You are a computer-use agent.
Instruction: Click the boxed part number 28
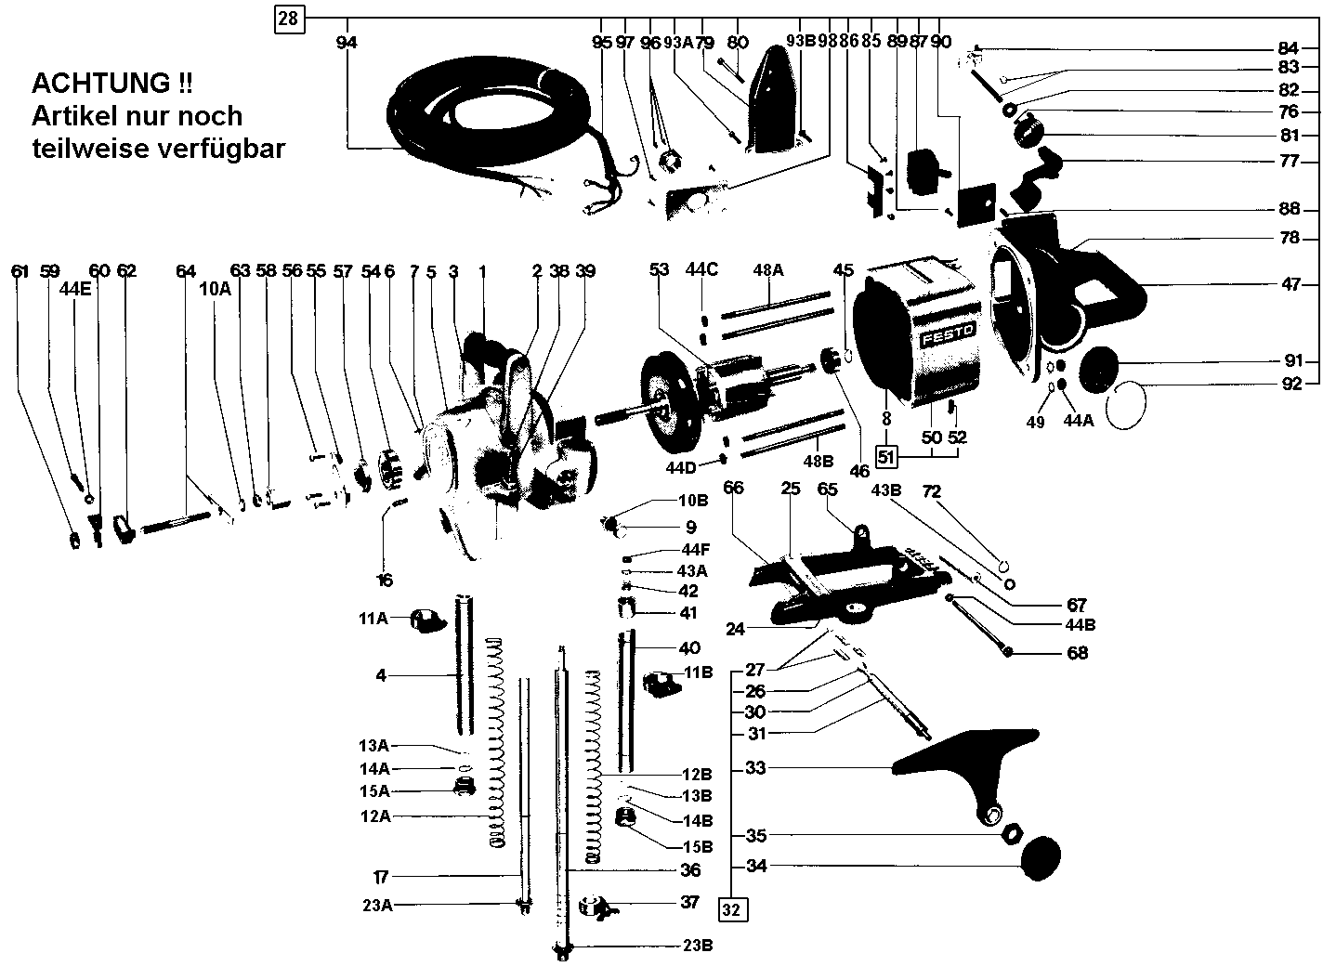[290, 19]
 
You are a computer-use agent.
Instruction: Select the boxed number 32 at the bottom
[732, 910]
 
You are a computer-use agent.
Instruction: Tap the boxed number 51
[886, 456]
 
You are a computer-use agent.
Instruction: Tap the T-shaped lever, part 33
[966, 764]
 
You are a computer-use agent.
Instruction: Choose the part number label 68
[1077, 653]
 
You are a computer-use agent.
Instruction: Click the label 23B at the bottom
[697, 946]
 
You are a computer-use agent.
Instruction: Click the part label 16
[385, 581]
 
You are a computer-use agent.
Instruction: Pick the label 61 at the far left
[20, 271]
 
